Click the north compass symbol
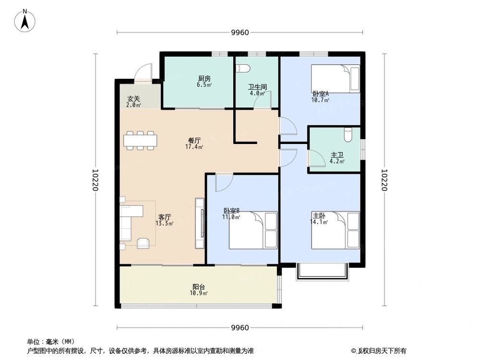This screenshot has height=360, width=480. point(25,21)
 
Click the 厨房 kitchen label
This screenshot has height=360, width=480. point(204,78)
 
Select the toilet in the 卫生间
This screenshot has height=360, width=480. point(241,68)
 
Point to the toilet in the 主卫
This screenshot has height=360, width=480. point(348,134)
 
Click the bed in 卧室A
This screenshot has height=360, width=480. point(335,79)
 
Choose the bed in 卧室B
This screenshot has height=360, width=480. point(253,230)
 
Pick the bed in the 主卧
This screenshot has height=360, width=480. point(336,230)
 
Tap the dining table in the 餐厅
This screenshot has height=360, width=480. point(140,140)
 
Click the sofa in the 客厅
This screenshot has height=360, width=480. point(131,222)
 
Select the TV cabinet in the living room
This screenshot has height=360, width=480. point(200,224)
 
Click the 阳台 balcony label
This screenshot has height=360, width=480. point(199,287)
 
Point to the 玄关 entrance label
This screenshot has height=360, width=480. point(133,99)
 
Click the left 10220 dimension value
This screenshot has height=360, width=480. point(96,180)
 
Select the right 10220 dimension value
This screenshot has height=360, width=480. point(384,180)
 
